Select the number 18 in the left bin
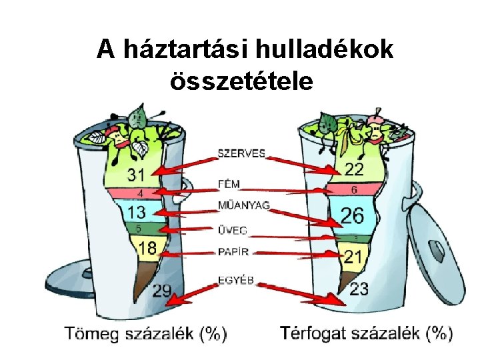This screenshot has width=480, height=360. (147, 248)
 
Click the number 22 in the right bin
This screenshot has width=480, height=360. (354, 169)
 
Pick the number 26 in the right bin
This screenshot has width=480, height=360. (353, 215)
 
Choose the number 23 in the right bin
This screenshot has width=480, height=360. (359, 289)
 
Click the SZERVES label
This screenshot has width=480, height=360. (241, 153)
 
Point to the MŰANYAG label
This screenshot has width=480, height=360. (244, 205)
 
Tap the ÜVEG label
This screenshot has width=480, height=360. (233, 231)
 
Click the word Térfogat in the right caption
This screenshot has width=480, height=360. (315, 332)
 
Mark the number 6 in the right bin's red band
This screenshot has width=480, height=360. (354, 190)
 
